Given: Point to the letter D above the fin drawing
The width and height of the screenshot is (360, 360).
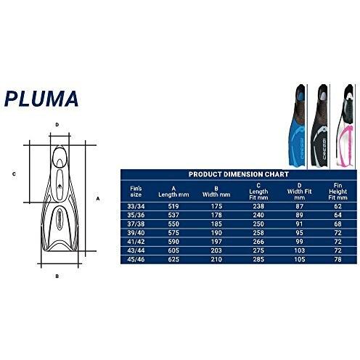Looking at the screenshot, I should click(57, 124).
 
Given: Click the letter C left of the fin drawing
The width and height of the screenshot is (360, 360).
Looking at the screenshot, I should click(14, 174).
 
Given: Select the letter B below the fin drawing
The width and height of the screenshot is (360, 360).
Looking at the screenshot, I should click(57, 276).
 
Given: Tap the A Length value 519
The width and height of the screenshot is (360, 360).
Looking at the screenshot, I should click(173, 206).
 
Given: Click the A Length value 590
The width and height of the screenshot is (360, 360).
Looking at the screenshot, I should click(173, 240).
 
